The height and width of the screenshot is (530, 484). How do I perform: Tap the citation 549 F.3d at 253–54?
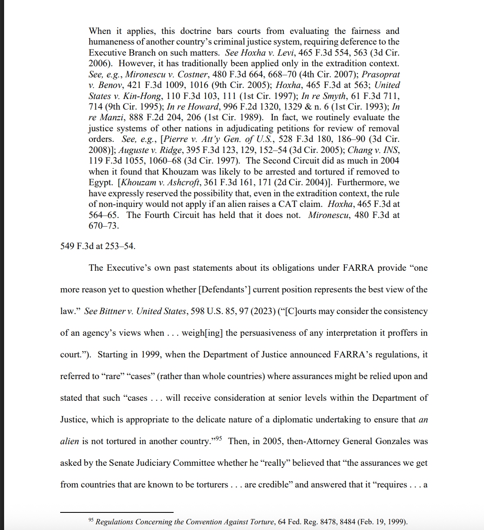click(98, 246)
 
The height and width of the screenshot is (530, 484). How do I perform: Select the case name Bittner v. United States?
click(135, 311)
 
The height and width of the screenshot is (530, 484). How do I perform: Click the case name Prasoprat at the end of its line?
click(380, 74)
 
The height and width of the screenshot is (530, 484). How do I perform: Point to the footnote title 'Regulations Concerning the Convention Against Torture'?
click(185, 522)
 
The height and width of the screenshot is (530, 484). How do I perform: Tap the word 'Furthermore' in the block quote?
click(360, 182)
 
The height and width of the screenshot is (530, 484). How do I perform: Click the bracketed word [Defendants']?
click(224, 290)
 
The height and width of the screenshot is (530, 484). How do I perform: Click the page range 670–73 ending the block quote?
click(104, 226)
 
